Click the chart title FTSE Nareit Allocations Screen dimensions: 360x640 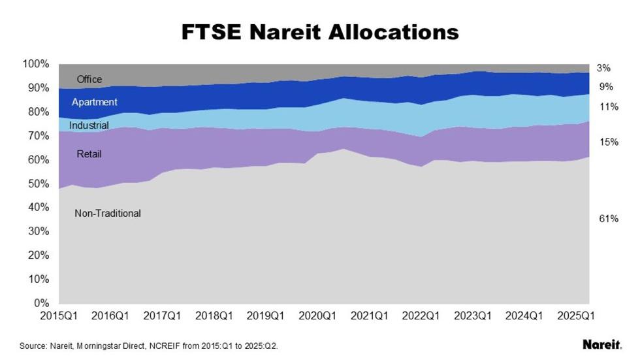pos(320,32)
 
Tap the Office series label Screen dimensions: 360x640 pos(89,80)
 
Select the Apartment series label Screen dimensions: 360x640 pos(95,102)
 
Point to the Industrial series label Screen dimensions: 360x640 pos(89,125)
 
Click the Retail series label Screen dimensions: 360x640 pos(89,154)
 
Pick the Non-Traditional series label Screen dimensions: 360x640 pos(108,213)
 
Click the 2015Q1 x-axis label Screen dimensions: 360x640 pos(58,316)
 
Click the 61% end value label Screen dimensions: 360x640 pos(609,219)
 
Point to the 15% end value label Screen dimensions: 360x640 pos(609,142)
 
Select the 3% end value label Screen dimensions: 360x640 pos(605,68)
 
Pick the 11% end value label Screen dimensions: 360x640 pos(609,106)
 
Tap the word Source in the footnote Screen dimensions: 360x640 pos(32,345)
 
